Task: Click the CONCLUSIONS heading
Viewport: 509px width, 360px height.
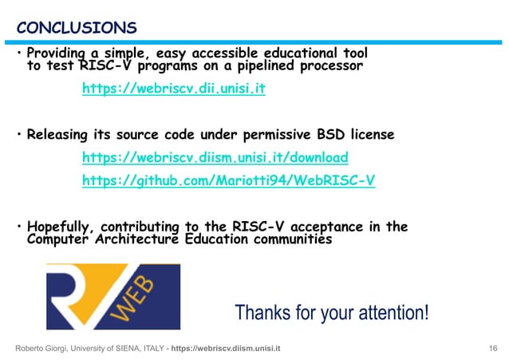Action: pos(76,29)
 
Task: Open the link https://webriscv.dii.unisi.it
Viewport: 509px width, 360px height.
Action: pos(173,89)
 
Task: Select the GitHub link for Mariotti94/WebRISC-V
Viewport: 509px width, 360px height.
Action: pos(228,180)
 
